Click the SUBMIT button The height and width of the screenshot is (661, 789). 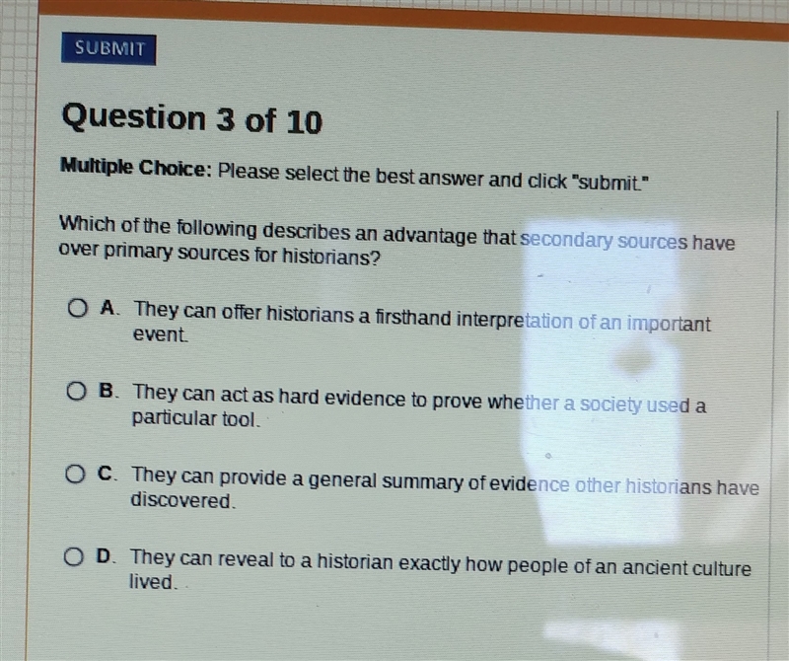[x=108, y=48]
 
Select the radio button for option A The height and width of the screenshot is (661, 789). [x=78, y=308]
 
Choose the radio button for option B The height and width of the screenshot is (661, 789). [x=76, y=391]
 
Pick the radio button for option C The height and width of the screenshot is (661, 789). [x=75, y=474]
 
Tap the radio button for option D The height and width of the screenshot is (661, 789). [x=73, y=556]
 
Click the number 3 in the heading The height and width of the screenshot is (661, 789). [x=226, y=119]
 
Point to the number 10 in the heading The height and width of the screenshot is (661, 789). [x=304, y=121]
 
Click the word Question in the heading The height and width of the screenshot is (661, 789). [x=134, y=117]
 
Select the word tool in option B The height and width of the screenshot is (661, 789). [x=242, y=419]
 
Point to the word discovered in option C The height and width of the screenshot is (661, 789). [x=182, y=500]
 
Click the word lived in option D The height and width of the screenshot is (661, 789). [x=153, y=582]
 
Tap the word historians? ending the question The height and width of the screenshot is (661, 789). [x=330, y=257]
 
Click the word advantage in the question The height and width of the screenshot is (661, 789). [x=431, y=236]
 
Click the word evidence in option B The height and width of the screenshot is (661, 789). [x=365, y=399]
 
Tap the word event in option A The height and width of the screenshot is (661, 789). [x=161, y=334]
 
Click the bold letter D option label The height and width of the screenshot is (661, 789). [x=104, y=556]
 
